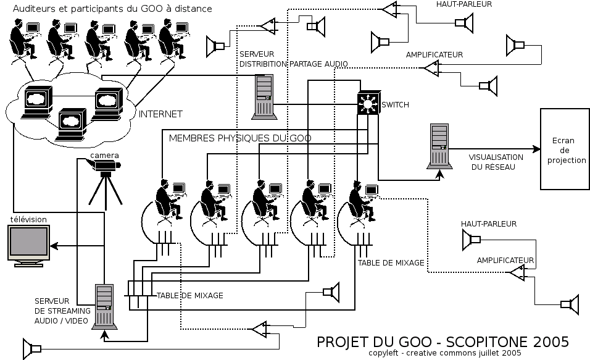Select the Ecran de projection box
pos(564,149)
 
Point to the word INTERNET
pos(160,114)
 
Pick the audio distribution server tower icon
pos(263,96)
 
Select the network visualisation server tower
pos(439,146)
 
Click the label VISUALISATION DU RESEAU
pos(496,162)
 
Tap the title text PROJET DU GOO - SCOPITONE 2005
pos(442,342)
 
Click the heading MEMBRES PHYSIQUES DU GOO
pos(240,138)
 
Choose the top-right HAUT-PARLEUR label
pos(459,5)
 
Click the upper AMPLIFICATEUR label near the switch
pos(434,55)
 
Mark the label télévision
pos(27,219)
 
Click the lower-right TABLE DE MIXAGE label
pos(391,263)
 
